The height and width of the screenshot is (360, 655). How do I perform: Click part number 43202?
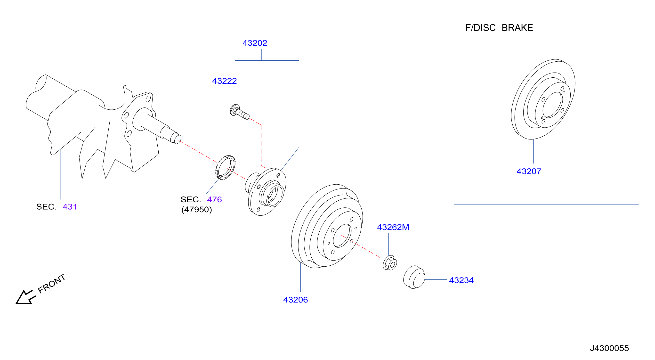pyautogui.click(x=255, y=43)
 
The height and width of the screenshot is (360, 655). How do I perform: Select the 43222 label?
pyautogui.click(x=224, y=81)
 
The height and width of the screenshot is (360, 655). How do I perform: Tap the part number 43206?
pyautogui.click(x=295, y=300)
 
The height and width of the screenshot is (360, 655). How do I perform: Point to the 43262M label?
pyautogui.click(x=393, y=227)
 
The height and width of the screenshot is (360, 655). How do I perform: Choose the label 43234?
pyautogui.click(x=461, y=280)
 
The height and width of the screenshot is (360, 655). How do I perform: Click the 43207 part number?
pyautogui.click(x=529, y=171)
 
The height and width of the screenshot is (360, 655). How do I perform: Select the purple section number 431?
pyautogui.click(x=70, y=207)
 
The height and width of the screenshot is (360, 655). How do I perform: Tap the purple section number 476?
pyautogui.click(x=214, y=199)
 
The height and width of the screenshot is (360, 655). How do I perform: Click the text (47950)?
pyautogui.click(x=197, y=210)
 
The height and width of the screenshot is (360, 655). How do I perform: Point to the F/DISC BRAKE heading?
pyautogui.click(x=499, y=28)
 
